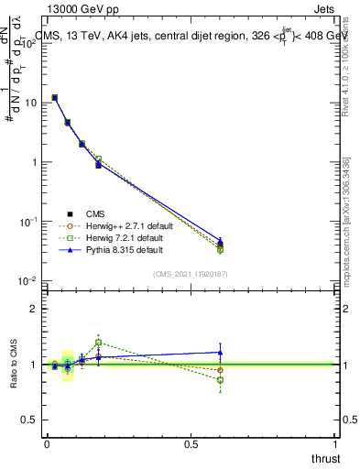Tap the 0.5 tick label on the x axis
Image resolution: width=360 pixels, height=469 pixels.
(x=191, y=443)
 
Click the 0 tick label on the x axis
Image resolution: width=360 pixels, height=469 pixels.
(x=47, y=443)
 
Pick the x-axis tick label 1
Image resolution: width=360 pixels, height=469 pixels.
(x=336, y=443)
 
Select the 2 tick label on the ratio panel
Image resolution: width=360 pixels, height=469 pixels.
(x=35, y=309)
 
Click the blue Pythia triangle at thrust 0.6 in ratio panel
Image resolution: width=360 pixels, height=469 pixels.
(x=220, y=352)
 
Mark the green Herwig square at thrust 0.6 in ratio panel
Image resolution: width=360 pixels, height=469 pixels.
(x=220, y=379)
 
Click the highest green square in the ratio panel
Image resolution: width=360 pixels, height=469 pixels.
(x=98, y=342)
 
